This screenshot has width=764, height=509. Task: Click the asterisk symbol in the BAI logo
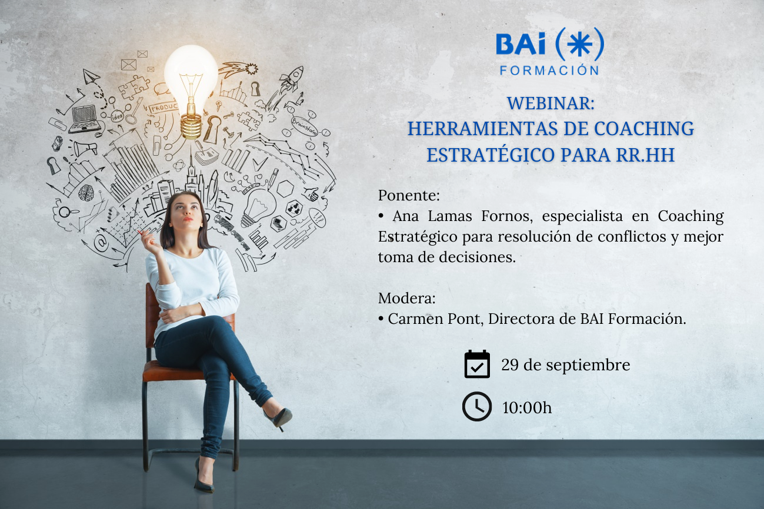coord(579,44)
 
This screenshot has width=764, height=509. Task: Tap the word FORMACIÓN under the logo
coord(549,70)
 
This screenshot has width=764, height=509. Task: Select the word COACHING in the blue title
coord(644,129)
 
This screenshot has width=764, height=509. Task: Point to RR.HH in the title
coord(645,155)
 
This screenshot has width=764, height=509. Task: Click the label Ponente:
coord(409,196)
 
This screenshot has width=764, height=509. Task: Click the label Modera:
coord(406,299)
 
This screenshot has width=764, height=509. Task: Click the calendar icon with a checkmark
coord(477,364)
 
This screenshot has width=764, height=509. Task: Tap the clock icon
coord(477,406)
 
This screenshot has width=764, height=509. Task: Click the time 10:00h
coord(526,408)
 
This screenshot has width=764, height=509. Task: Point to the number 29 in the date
coord(510,365)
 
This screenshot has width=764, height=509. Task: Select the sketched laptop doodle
coord(85,119)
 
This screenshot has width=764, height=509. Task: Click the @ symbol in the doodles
coord(101,242)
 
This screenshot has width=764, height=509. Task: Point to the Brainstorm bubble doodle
coord(304,126)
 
